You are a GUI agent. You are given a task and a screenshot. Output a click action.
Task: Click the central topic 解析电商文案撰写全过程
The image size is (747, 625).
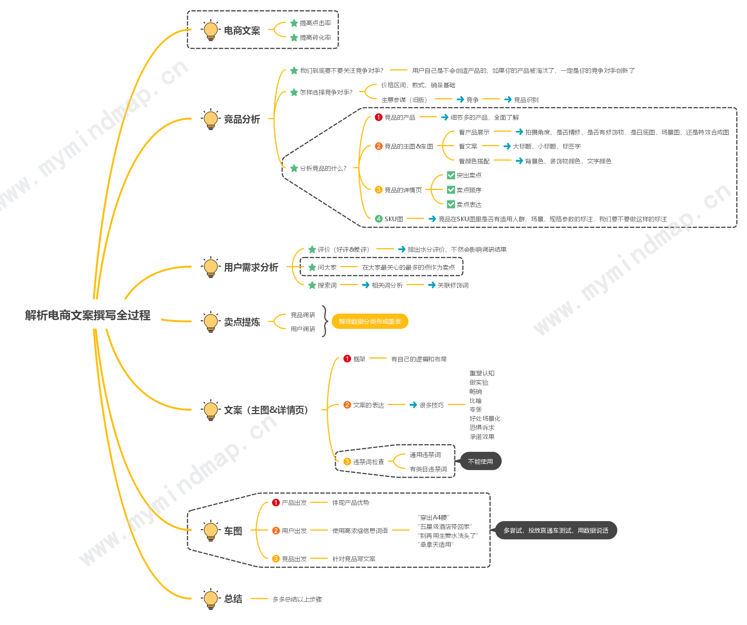[x=88, y=315]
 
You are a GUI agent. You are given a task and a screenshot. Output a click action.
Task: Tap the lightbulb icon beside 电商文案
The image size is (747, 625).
[x=211, y=30]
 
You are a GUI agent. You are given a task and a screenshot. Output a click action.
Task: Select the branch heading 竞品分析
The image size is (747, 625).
[x=242, y=119]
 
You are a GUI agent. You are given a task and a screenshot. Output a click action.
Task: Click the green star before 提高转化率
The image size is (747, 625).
[x=294, y=38]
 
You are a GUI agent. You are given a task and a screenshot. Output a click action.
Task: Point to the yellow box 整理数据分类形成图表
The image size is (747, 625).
[x=370, y=321]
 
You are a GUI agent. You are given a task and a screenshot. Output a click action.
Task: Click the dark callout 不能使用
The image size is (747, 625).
[x=480, y=461]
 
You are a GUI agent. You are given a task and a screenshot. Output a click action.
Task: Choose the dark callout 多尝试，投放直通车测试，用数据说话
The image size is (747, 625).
[x=556, y=530]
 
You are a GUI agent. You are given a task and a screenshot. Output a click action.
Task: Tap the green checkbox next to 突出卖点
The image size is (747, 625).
[x=451, y=175]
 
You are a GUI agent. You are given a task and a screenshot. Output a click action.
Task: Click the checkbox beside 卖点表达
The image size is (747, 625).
[x=451, y=204]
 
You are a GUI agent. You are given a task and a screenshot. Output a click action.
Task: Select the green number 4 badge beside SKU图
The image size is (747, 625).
[x=378, y=219]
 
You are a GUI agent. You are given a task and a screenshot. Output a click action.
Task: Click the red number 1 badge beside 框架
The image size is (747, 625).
[x=347, y=359]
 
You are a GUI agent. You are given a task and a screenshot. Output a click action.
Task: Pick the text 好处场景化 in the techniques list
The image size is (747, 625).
[x=485, y=418]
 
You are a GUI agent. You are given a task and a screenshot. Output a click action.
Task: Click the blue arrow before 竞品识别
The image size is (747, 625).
[x=508, y=99]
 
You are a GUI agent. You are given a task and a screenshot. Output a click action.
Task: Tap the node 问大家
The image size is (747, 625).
[x=327, y=267]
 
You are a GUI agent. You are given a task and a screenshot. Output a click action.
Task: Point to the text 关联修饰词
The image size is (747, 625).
[x=453, y=285]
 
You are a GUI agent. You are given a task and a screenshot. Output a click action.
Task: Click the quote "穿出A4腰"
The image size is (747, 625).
[x=434, y=517]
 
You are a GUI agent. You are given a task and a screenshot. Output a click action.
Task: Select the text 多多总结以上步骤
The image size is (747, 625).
[x=297, y=599]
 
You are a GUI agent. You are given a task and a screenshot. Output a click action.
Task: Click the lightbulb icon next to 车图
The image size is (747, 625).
[x=211, y=531]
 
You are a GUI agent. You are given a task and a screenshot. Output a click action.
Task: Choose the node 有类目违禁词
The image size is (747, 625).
[x=428, y=469]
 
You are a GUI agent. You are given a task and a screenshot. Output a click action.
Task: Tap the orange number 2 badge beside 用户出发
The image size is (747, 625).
[x=276, y=531]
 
